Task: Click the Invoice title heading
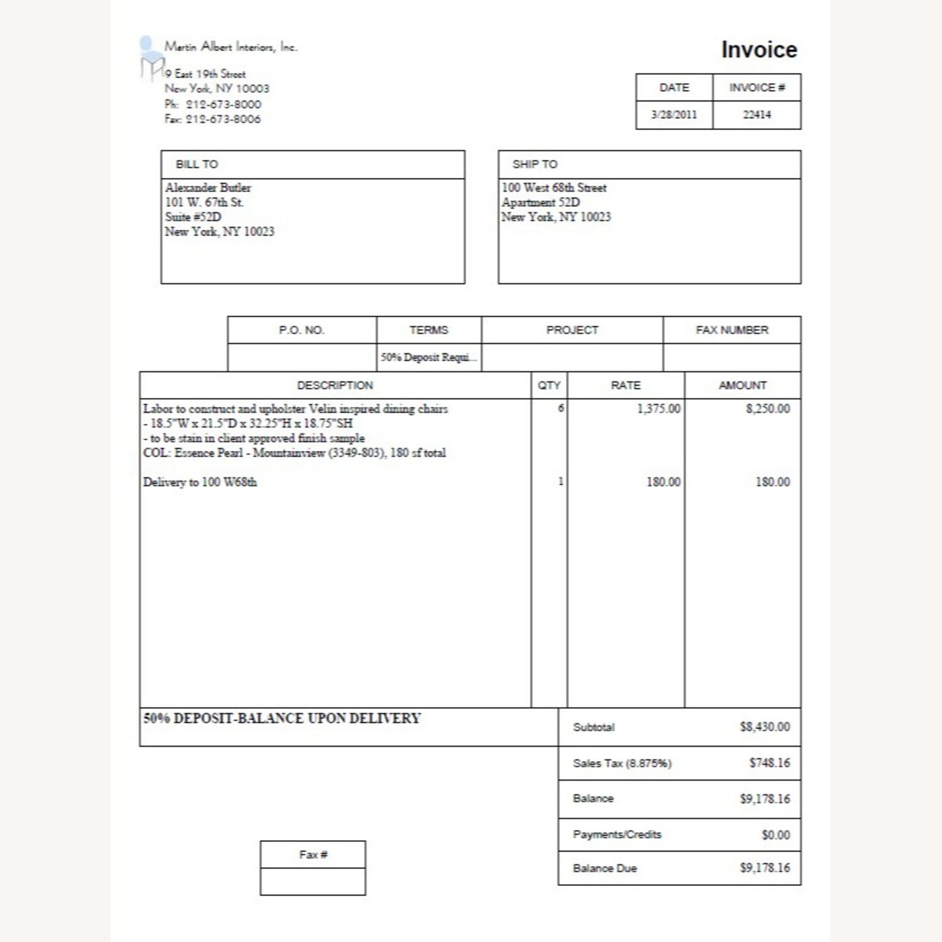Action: point(759,50)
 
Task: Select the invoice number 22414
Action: point(757,115)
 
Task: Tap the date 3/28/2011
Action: point(674,115)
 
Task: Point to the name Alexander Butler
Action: point(208,188)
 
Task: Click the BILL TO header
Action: point(197,165)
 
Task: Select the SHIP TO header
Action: point(534,165)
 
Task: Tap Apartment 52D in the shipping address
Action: point(541,202)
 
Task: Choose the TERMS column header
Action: point(429,330)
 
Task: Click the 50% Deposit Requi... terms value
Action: point(428,357)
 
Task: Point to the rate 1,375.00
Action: point(658,409)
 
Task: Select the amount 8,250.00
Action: point(767,409)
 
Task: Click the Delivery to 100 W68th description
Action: point(200,482)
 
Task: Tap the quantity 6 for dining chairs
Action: point(560,409)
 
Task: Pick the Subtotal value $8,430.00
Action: point(764,727)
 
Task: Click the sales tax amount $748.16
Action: point(769,763)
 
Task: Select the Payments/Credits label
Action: point(617,835)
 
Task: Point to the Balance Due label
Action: point(605,869)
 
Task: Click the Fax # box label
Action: point(313,855)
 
